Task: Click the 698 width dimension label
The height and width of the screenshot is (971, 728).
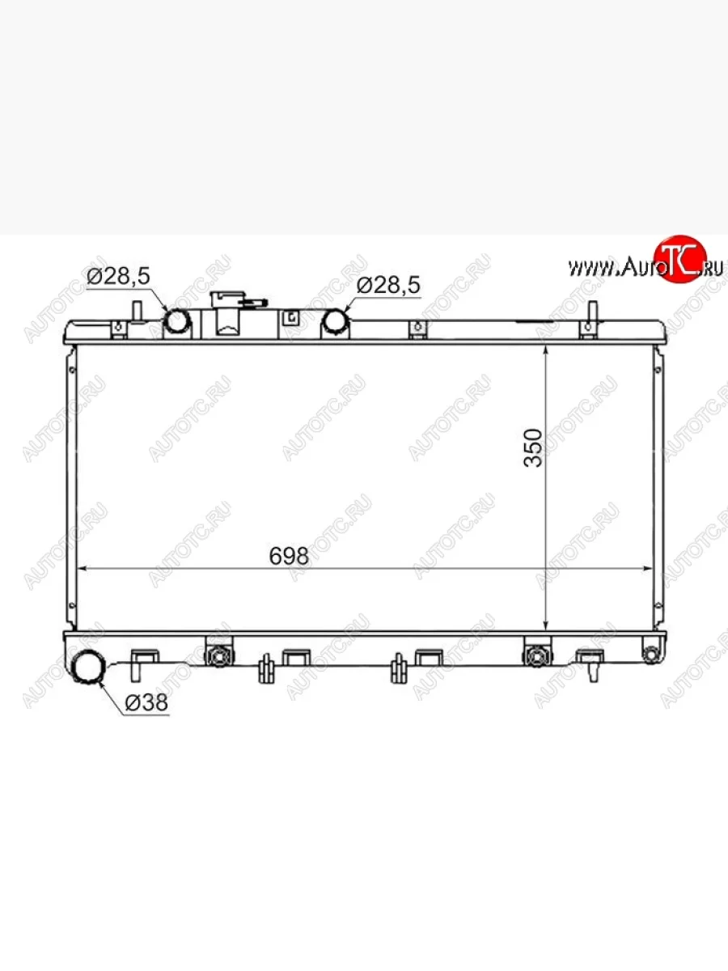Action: pos(289,556)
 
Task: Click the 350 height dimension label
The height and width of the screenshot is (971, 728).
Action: pos(532,447)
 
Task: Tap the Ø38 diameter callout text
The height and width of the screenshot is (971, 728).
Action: pos(146,702)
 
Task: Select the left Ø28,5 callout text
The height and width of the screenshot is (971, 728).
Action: pos(118,276)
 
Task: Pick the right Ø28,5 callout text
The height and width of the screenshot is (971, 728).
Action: pos(388,286)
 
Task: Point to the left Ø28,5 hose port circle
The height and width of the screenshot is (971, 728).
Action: pos(178,321)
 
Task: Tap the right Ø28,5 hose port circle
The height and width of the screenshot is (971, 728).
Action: pos(335,321)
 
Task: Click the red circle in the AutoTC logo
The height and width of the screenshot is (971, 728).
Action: pos(680,259)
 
